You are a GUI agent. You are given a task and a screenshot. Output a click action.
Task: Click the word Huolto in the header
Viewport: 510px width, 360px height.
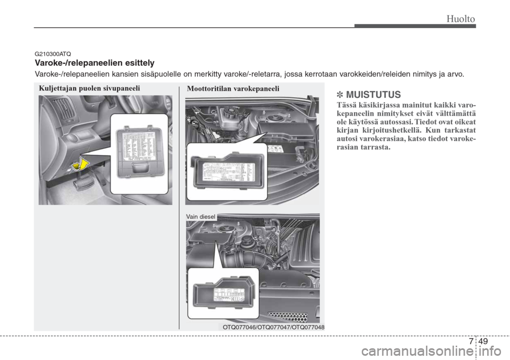click(x=460, y=19)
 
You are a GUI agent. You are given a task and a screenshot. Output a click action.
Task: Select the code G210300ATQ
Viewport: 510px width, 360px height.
click(x=53, y=54)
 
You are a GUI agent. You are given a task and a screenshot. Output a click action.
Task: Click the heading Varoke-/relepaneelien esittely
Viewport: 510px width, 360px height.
click(x=95, y=63)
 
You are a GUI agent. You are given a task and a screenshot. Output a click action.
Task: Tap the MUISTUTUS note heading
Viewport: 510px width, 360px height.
click(x=369, y=95)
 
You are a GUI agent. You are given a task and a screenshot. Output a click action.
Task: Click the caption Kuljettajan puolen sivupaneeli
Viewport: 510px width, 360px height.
click(x=89, y=88)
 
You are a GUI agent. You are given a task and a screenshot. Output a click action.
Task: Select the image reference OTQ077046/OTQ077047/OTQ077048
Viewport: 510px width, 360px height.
click(x=274, y=327)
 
